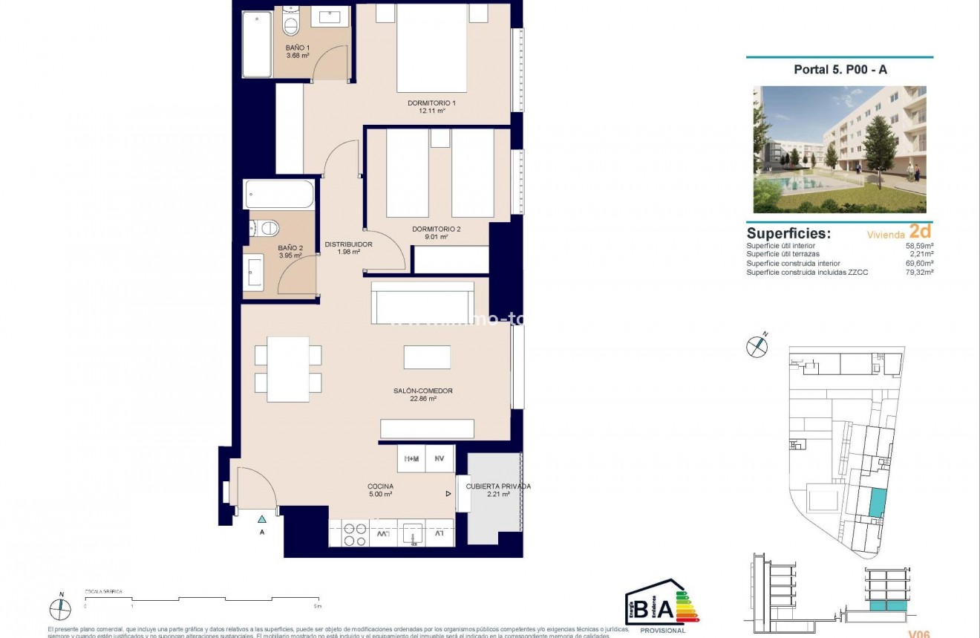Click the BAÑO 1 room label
pos(298,48)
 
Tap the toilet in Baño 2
pos(268,227)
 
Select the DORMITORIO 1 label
pos(431,102)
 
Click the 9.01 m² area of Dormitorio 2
pos(437,238)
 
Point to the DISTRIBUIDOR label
pos(348,244)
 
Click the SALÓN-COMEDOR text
pos(422,391)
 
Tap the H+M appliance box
pos(411,460)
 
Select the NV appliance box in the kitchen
pos(440,460)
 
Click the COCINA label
pos(379,486)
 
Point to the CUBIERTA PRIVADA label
pos(498,486)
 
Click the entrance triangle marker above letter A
pos(261,519)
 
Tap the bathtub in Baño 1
pos(257,45)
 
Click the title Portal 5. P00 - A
pos(840,70)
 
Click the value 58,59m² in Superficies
pos(919,245)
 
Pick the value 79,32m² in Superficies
pos(919,272)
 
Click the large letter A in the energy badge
pos(665,608)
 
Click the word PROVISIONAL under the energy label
pos(662,631)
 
